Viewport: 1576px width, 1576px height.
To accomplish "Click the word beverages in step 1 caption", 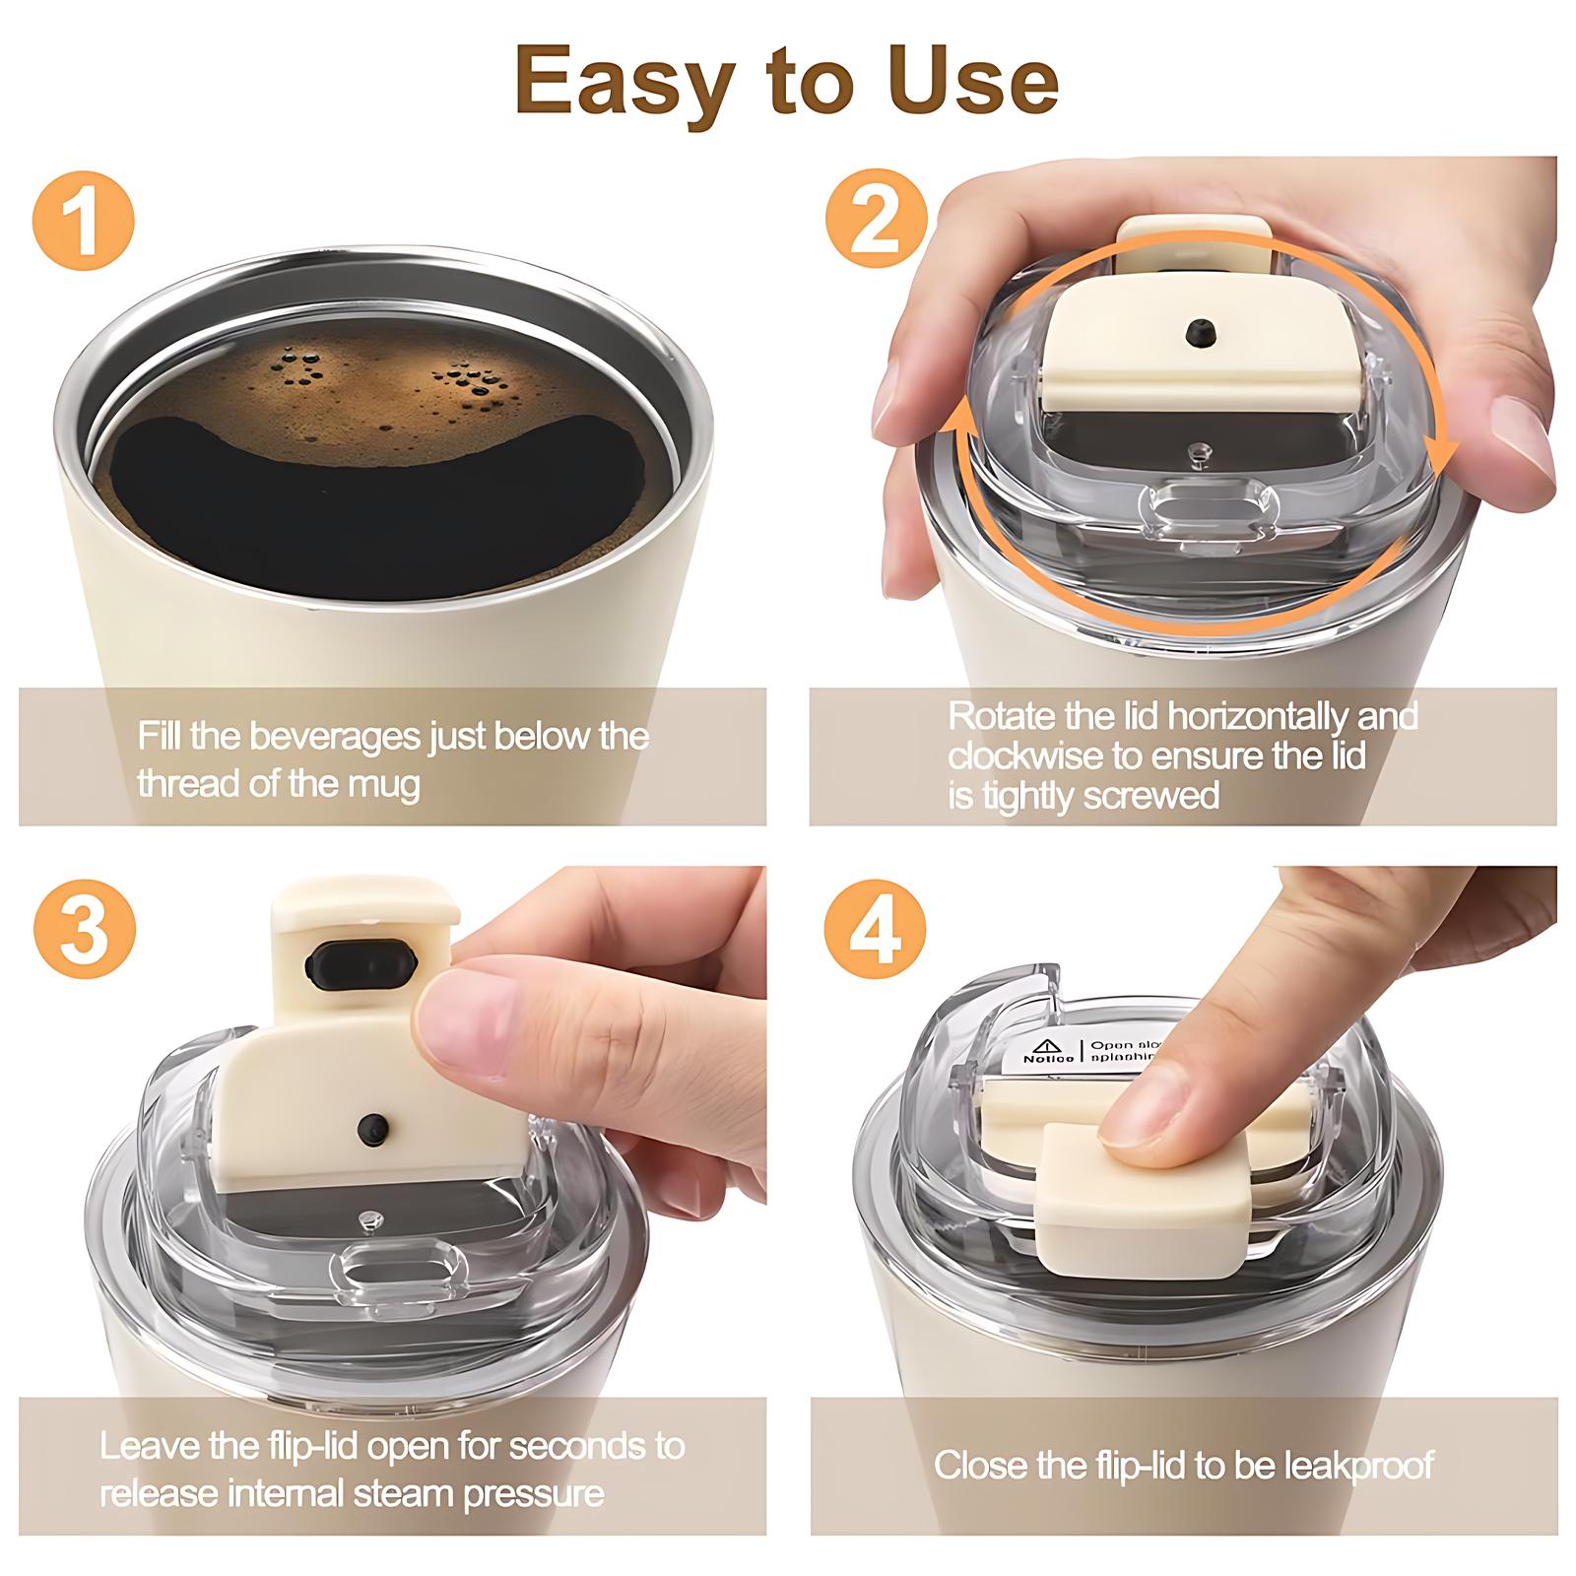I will tap(336, 737).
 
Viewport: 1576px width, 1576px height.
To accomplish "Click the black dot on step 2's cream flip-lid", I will tap(1199, 332).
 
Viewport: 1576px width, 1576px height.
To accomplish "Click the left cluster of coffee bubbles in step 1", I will tap(301, 368).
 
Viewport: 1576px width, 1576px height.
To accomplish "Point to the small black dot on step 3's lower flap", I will tap(372, 1126).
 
